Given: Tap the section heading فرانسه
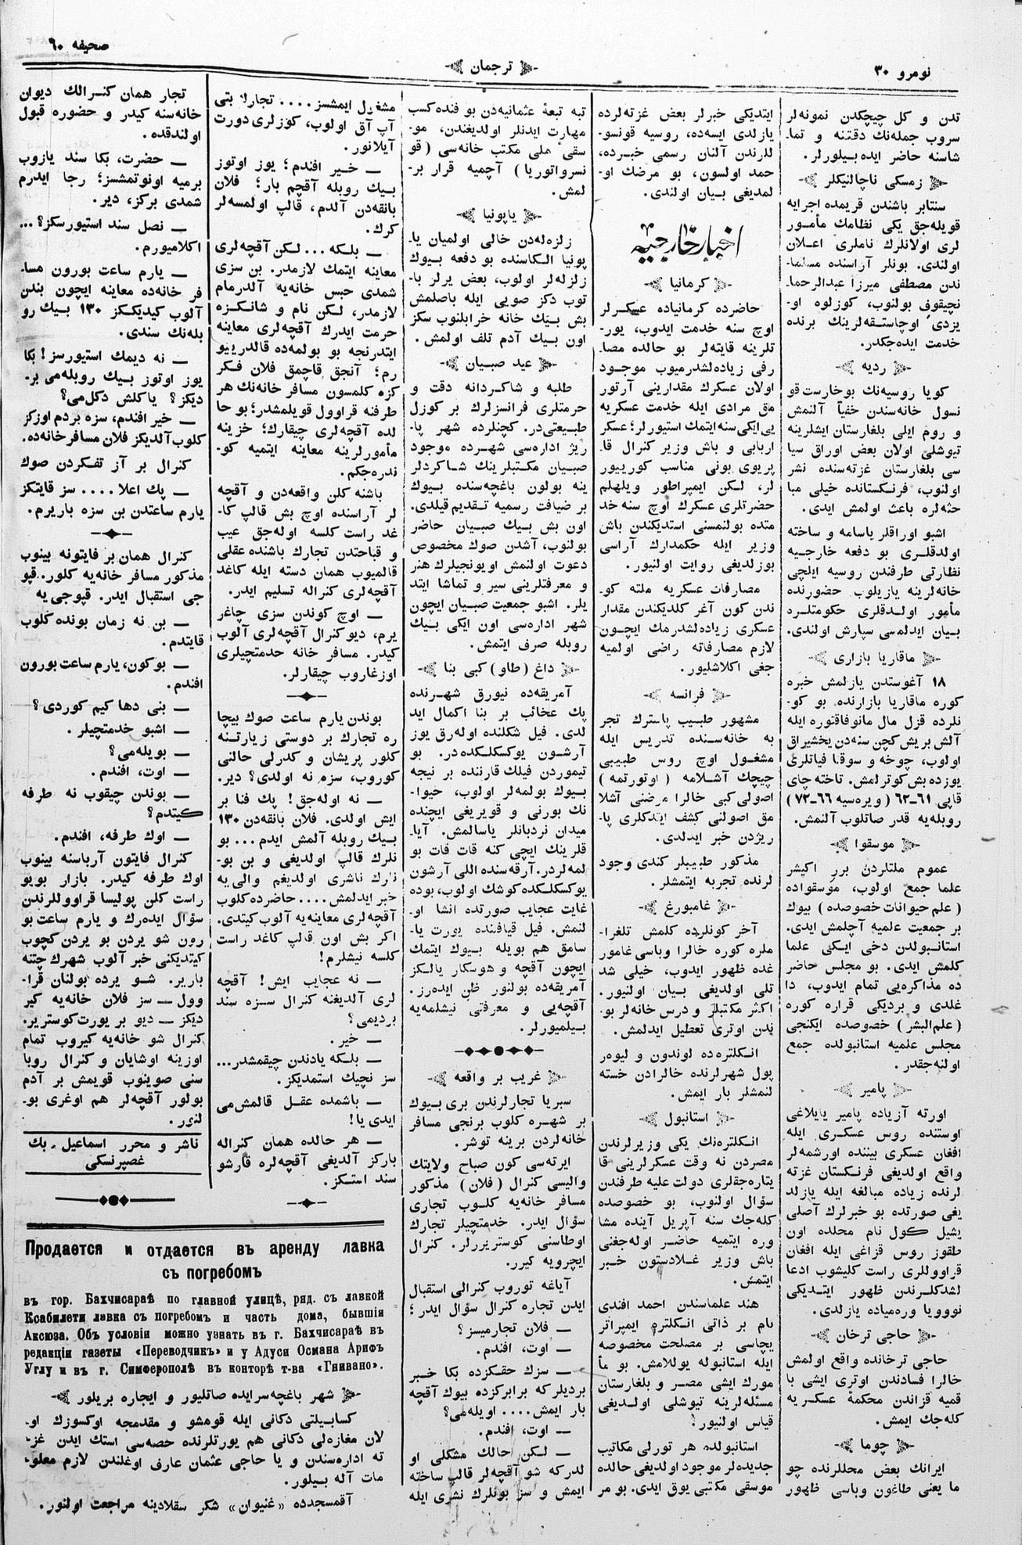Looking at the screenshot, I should (x=686, y=694).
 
